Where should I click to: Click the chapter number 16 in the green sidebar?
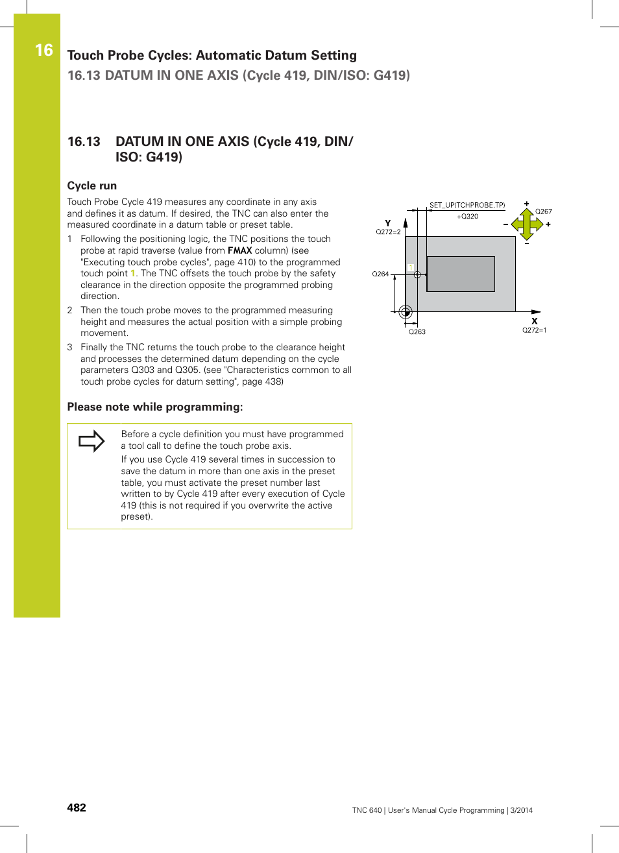pos(43,50)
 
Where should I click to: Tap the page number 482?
pos(77,808)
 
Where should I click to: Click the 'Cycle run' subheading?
pos(92,186)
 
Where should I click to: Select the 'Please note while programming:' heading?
pos(155,407)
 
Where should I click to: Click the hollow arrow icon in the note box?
pos(91,441)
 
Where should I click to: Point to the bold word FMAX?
pos(239,250)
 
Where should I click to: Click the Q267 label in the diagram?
pos(543,211)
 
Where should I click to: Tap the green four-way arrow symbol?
pos(526,224)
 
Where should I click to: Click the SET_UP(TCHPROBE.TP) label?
pos(467,205)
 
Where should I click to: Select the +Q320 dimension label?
pos(467,217)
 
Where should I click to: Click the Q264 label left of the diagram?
pos(380,274)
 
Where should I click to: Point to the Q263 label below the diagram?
pos(417,331)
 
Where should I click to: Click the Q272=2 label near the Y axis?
pos(388,232)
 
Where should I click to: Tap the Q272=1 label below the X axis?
pos(534,330)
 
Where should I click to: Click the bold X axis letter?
pos(535,320)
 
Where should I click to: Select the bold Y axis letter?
pos(388,222)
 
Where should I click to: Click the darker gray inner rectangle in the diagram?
pos(461,274)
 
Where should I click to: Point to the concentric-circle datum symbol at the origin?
pos(406,312)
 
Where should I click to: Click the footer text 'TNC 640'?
pos(367,810)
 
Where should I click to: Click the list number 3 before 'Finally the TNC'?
pos(70,347)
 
